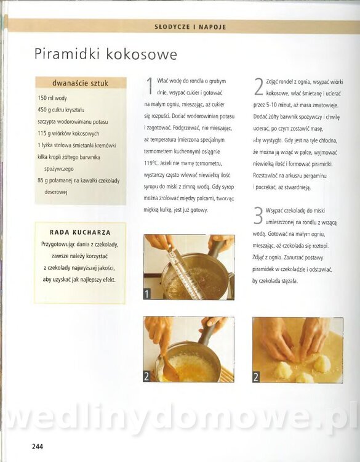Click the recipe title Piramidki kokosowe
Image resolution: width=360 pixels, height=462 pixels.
pos(106,54)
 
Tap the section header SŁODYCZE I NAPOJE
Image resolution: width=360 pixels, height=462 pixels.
pos(190,27)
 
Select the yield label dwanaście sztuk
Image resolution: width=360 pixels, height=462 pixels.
pos(81,83)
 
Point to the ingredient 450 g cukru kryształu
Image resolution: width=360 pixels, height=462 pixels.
pos(61,110)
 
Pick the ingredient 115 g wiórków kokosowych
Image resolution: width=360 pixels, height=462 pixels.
pos(68,134)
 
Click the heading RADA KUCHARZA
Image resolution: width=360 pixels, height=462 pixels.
pos(81,232)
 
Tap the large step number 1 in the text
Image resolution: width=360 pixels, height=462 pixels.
pos(150,86)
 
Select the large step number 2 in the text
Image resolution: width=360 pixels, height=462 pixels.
pos(258,87)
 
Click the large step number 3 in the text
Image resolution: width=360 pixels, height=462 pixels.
pos(258,216)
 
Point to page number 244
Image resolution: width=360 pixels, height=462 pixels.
pos(38,447)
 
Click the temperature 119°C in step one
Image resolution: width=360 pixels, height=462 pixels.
pos(150,163)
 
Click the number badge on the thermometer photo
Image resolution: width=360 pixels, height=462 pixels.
pos(147,294)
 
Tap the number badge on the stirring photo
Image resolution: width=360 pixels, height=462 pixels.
pos(146,376)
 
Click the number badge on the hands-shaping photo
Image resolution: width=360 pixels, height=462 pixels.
pos(256,377)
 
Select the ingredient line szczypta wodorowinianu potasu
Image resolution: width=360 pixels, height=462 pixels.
pos(73,122)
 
